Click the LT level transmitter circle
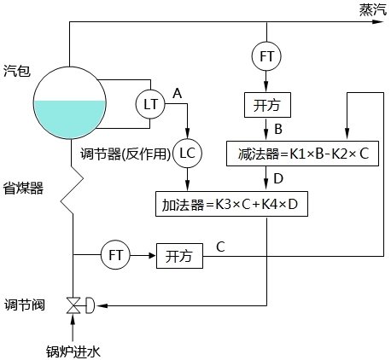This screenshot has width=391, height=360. click(x=151, y=104)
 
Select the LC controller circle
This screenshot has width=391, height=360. click(x=187, y=154)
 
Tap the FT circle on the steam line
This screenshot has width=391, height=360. click(x=267, y=56)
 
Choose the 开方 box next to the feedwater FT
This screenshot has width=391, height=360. click(x=178, y=255)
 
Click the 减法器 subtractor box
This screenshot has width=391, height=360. click(x=302, y=154)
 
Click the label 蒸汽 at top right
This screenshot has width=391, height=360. click(x=372, y=9)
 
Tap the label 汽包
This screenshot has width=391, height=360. click(x=17, y=71)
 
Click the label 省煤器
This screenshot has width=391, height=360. click(x=23, y=187)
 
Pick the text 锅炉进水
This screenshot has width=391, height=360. click(x=73, y=349)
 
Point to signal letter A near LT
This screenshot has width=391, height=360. click(x=178, y=90)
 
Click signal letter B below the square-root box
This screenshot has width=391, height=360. click(x=277, y=130)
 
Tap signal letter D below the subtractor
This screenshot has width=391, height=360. click(x=277, y=179)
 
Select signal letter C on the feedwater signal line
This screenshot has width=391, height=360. click(x=220, y=247)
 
